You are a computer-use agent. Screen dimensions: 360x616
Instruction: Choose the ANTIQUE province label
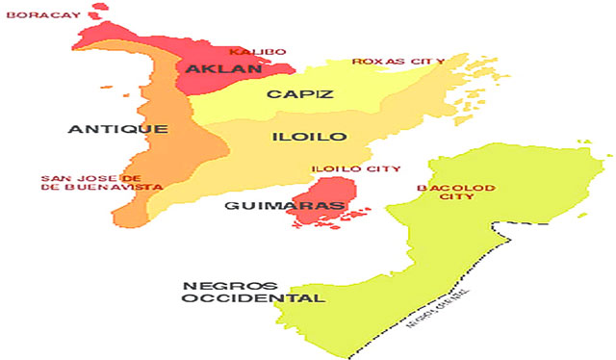[x=119, y=128]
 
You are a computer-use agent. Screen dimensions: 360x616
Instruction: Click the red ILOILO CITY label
[x=355, y=168]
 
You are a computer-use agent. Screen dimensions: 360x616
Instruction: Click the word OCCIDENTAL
[x=253, y=298]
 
